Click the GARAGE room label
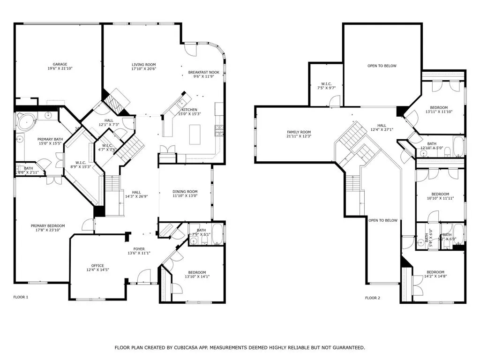coord(60,64)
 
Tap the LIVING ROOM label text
coord(143,64)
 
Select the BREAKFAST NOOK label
coord(204,72)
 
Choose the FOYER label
coord(139,249)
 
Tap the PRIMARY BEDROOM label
coord(48,225)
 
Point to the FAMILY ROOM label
coord(299,132)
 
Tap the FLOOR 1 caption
coord(20,297)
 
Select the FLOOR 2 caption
coord(373,298)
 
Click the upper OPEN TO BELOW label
coord(382,66)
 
